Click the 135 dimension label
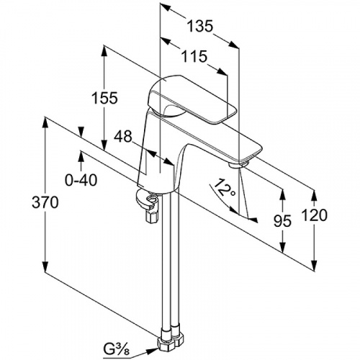[199, 26]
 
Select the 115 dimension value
[194, 56]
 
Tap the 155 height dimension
[105, 98]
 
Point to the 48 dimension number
[123, 136]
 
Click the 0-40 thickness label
[81, 180]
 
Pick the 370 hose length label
[45, 202]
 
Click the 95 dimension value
[283, 221]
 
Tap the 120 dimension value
[315, 215]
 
